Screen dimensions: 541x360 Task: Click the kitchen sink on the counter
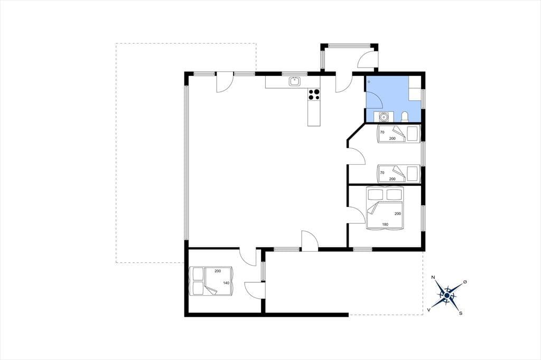tap(295, 81)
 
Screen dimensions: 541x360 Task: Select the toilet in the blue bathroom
tap(405, 117)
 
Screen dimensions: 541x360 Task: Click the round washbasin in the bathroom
tap(384, 117)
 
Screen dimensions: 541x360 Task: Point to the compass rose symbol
tap(447, 295)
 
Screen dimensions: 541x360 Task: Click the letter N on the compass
tap(433, 277)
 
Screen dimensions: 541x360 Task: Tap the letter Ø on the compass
tap(465, 282)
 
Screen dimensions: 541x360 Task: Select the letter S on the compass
tap(461, 313)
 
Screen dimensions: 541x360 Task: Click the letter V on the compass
tap(429, 310)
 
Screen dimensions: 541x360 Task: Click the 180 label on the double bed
tap(385, 224)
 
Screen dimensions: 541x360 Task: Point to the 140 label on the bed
tap(226, 283)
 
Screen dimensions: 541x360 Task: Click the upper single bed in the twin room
tap(399, 134)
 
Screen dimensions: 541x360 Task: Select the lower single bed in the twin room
tap(399, 174)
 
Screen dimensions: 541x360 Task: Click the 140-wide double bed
tap(211, 281)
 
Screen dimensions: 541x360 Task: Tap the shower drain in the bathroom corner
tap(369, 82)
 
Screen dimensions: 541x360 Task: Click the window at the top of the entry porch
tap(349, 45)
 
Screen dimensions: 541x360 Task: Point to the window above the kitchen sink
tap(295, 73)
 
